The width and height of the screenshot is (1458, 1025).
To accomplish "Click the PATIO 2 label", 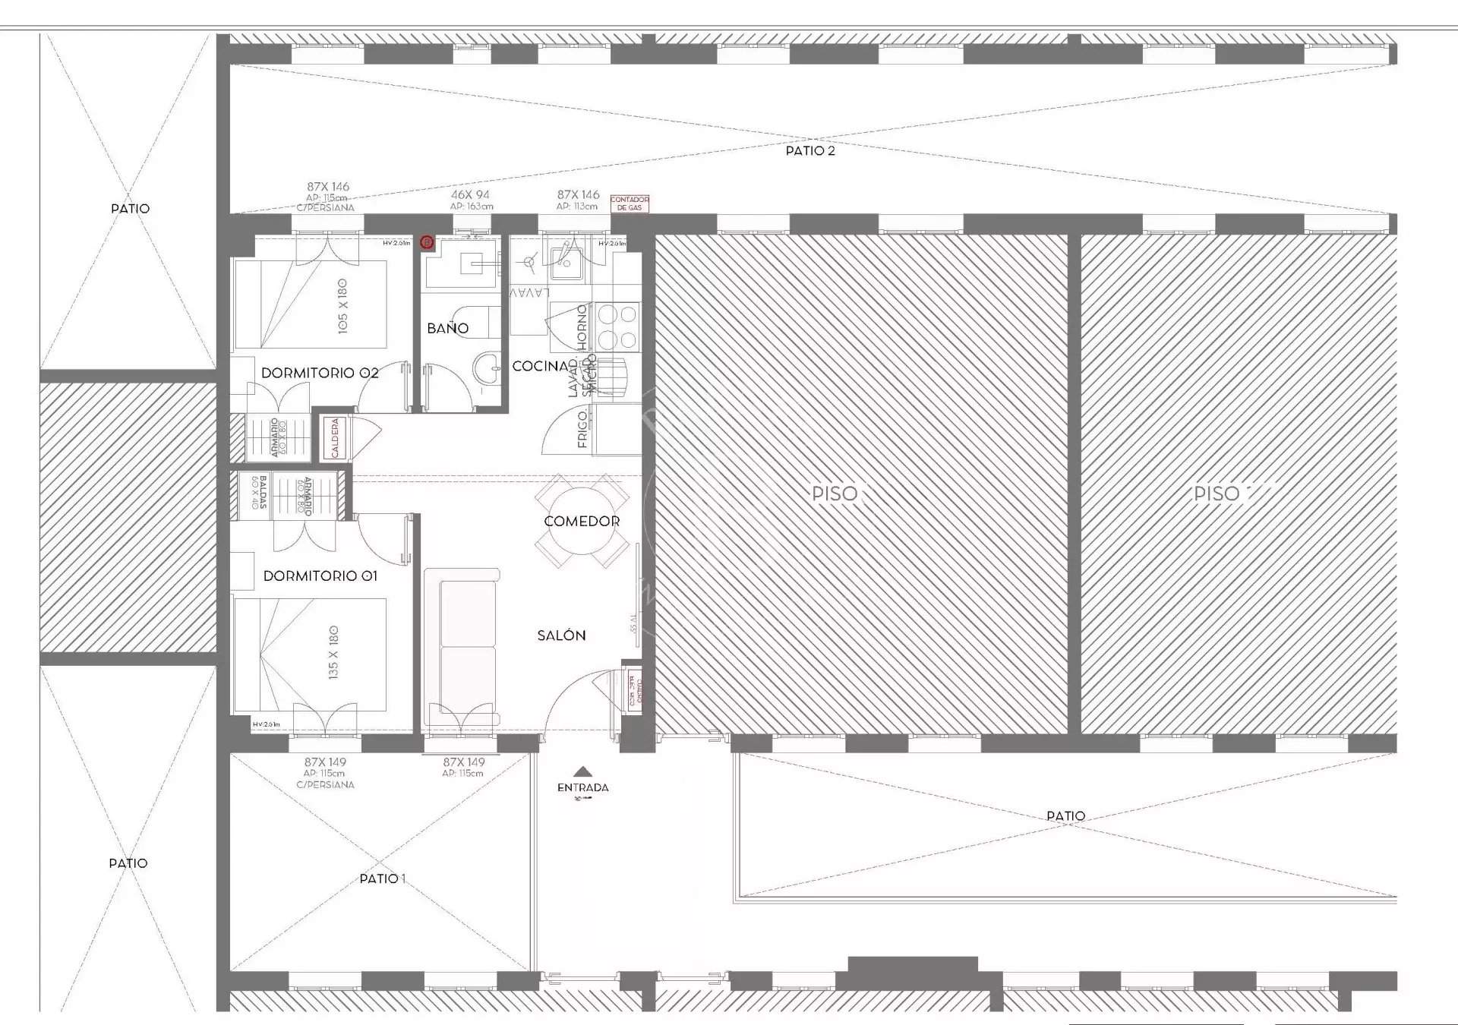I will pyautogui.click(x=809, y=150).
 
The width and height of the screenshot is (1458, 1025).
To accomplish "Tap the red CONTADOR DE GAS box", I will pyautogui.click(x=630, y=203).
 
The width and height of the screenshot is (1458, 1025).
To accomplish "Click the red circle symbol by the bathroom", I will pyautogui.click(x=428, y=243).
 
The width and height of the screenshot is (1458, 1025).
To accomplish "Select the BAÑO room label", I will pyautogui.click(x=447, y=328).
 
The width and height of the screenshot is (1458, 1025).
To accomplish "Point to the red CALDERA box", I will pyautogui.click(x=335, y=438).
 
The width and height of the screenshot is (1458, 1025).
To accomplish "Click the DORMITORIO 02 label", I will pyautogui.click(x=320, y=373).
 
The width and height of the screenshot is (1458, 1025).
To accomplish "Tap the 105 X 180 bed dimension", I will pyautogui.click(x=342, y=305).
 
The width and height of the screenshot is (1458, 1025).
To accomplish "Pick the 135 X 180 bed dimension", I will pyautogui.click(x=333, y=652).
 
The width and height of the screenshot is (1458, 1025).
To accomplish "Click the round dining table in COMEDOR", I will pyautogui.click(x=582, y=521).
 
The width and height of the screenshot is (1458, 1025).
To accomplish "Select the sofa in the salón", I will pyautogui.click(x=462, y=645).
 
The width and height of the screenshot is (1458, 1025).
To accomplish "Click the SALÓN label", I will pyautogui.click(x=561, y=635).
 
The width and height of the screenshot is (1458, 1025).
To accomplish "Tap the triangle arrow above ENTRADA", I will pyautogui.click(x=582, y=771).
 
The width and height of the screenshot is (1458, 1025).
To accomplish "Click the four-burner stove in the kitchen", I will pyautogui.click(x=617, y=325).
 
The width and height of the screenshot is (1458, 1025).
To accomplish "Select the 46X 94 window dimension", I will pyautogui.click(x=471, y=195).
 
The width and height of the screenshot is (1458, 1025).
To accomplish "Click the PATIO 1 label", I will pyautogui.click(x=382, y=878).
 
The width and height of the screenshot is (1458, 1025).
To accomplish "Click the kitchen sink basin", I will pyautogui.click(x=566, y=262).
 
